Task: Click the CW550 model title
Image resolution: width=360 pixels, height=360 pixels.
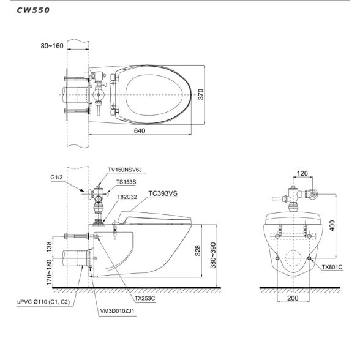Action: point(33,10)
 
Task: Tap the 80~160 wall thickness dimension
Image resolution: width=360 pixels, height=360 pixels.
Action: point(52,46)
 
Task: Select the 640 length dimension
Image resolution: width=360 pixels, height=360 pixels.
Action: point(140,130)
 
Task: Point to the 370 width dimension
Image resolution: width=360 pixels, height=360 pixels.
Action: point(201,94)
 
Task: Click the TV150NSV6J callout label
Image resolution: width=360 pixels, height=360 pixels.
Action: point(125,170)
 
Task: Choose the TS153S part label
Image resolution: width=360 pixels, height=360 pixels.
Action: point(126,182)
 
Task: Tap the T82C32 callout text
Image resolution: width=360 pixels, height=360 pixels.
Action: point(127,197)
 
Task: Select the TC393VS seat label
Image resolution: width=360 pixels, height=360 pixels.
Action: point(163,193)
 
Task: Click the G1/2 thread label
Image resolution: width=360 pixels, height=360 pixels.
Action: point(56,178)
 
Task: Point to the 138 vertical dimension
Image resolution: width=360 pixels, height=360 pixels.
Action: point(50,247)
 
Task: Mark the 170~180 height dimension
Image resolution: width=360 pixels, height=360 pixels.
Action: point(50,272)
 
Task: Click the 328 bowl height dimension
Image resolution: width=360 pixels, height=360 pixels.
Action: point(198,250)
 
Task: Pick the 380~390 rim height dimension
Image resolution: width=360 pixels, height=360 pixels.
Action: point(213,255)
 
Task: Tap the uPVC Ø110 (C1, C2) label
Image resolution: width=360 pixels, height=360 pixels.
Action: point(43,302)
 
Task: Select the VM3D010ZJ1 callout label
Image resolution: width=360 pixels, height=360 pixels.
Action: point(117,311)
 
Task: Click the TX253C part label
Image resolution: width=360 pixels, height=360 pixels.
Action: point(145,298)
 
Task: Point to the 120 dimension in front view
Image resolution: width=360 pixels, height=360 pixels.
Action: point(302,173)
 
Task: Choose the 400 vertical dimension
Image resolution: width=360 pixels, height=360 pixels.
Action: point(332,225)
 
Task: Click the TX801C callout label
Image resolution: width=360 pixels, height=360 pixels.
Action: point(332,267)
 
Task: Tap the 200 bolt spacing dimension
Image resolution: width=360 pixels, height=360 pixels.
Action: point(293,298)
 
